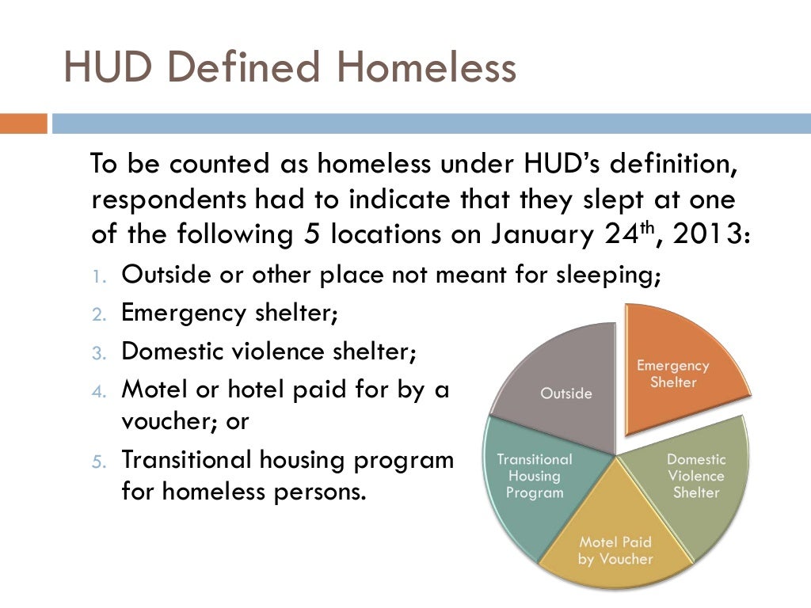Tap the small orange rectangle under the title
click(23, 124)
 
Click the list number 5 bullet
click(97, 461)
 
